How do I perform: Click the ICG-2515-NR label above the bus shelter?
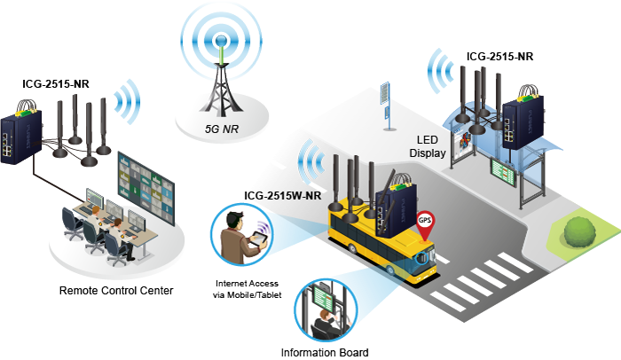pos(499,57)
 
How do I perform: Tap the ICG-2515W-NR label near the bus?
pos(283,195)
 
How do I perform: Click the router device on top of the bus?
pos(391,205)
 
